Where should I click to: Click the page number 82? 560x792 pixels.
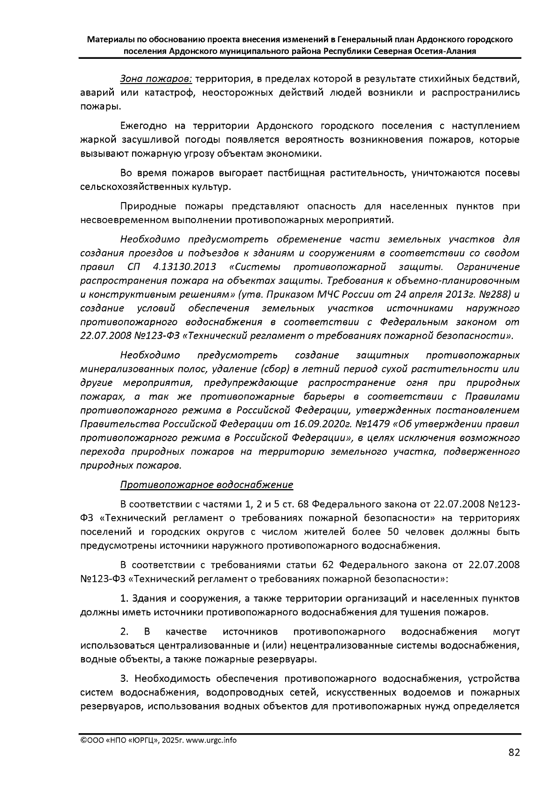pos(513,752)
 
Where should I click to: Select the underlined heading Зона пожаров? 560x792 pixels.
pos(156,78)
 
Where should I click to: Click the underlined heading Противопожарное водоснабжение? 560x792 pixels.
pos(207,485)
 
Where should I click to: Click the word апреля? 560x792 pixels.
pos(423,294)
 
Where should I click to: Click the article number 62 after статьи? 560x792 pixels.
pos(327,565)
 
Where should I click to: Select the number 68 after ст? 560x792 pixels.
pos(301,504)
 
